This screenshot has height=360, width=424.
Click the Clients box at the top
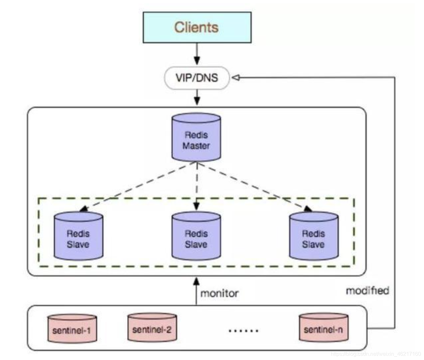[x=197, y=27]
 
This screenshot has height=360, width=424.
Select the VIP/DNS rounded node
[x=197, y=78]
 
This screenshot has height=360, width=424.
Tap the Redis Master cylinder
[x=196, y=137]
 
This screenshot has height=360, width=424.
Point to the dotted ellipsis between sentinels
[x=244, y=330]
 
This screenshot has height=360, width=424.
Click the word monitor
[x=219, y=293]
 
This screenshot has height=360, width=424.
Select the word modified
[x=367, y=291]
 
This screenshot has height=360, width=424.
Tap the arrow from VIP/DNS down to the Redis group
[x=197, y=97]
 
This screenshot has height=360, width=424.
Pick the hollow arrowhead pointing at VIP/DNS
[x=236, y=78]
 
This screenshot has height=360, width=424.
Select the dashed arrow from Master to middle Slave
[x=196, y=186]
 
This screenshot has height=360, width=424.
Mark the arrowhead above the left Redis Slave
[x=84, y=209]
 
